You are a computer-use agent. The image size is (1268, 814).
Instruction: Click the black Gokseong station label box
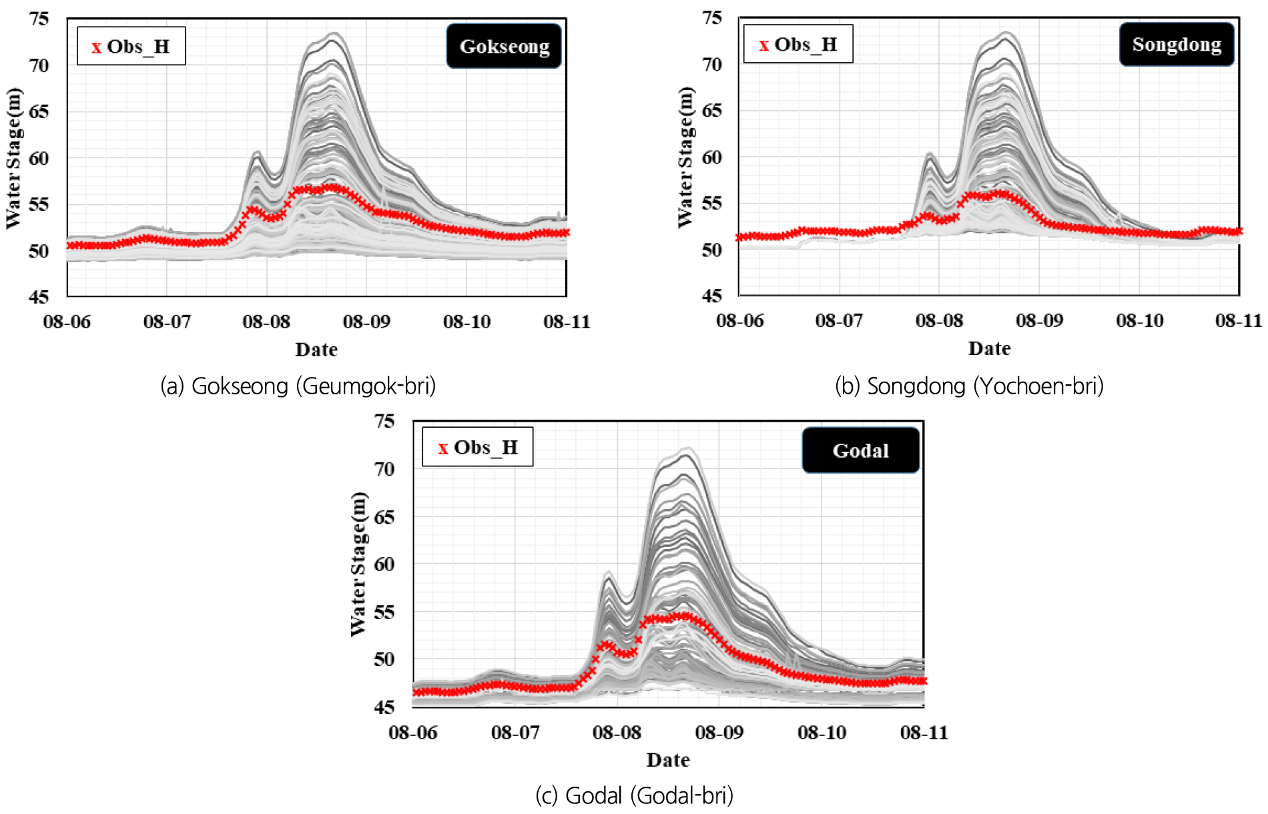[504, 46]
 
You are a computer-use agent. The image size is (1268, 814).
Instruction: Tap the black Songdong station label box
[1177, 45]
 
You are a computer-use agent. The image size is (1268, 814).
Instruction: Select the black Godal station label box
[860, 450]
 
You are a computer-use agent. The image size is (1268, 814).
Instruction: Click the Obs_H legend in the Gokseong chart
[131, 46]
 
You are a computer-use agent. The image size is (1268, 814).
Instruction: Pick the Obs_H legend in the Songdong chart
[798, 44]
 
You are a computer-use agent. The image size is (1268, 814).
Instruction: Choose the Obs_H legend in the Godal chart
[477, 447]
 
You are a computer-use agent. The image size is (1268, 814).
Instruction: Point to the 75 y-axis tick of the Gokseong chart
[39, 19]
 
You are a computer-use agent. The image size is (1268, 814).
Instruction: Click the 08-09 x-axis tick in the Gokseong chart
[366, 322]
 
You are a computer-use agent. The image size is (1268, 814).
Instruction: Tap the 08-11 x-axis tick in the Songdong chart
[1239, 321]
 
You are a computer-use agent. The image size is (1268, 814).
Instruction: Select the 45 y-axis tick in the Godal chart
[384, 707]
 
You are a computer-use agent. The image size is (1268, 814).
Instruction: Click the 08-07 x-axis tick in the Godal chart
[515, 733]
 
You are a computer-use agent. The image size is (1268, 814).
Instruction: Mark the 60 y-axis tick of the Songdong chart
[712, 157]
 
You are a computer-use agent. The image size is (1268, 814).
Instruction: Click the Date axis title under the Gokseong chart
[316, 350]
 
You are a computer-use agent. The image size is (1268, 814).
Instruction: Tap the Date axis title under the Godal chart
[668, 760]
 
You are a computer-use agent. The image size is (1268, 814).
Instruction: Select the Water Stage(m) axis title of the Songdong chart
[685, 157]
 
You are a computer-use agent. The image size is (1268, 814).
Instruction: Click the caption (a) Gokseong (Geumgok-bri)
[298, 386]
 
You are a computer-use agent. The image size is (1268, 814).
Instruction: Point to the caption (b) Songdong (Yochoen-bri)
[969, 386]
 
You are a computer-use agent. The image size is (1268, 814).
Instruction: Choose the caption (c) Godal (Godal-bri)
[634, 795]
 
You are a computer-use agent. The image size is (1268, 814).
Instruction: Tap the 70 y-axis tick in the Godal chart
[384, 469]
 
